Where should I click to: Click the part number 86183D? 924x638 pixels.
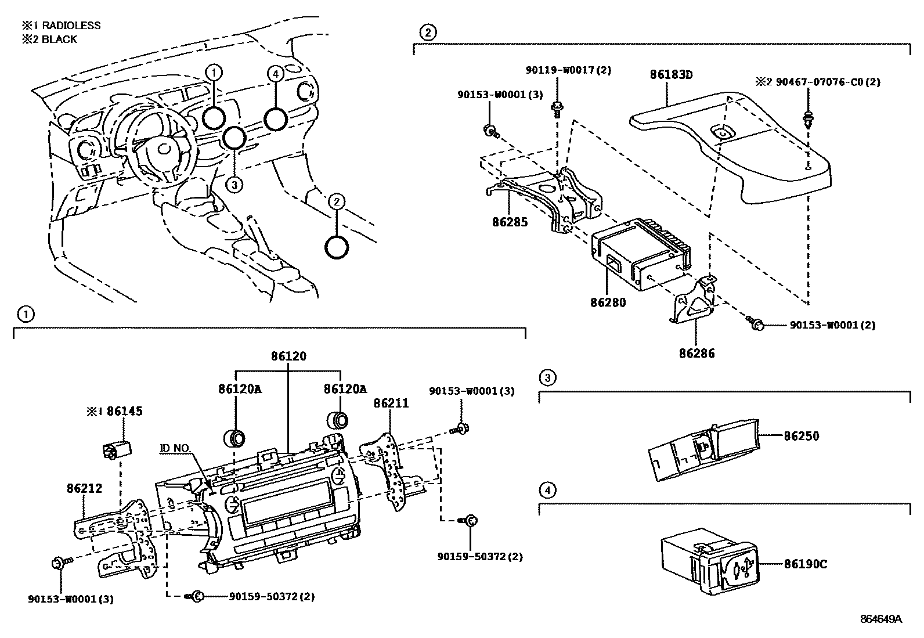pyautogui.click(x=672, y=75)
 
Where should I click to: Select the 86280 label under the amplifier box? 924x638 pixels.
pyautogui.click(x=608, y=302)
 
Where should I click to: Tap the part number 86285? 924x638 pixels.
pyautogui.click(x=510, y=222)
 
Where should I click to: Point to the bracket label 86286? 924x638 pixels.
pyautogui.click(x=697, y=353)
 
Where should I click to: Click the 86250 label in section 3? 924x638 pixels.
pyautogui.click(x=802, y=436)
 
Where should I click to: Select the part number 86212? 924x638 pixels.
pyautogui.click(x=85, y=488)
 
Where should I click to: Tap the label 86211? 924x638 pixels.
pyautogui.click(x=391, y=403)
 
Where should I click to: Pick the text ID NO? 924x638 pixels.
pyautogui.click(x=175, y=448)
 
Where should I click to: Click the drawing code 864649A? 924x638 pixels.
pyautogui.click(x=880, y=619)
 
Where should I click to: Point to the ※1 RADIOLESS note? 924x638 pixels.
pyautogui.click(x=61, y=26)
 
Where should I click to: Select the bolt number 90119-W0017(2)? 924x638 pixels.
pyautogui.click(x=561, y=70)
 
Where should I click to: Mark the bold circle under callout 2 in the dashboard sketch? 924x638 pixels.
pyautogui.click(x=337, y=247)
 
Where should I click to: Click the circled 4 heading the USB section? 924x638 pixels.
pyautogui.click(x=546, y=491)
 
